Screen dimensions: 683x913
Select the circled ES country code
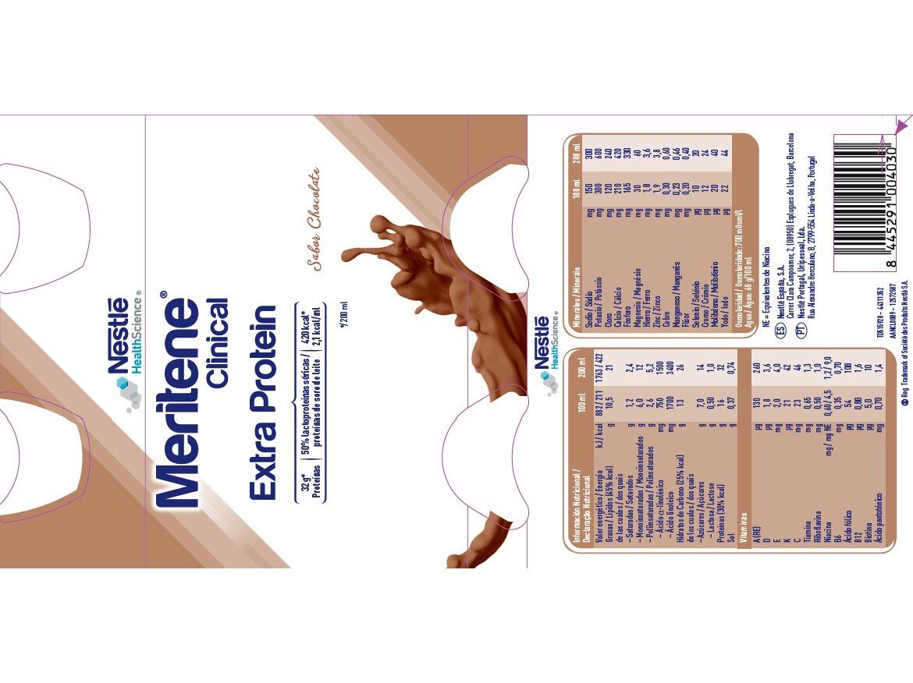click(779, 331)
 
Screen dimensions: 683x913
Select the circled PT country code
click(800, 331)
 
